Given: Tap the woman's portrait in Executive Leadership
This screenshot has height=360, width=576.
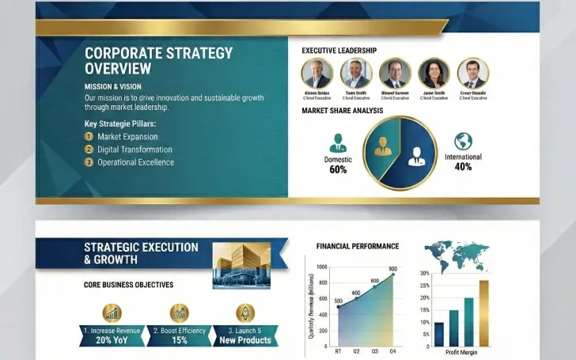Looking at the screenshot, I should pos(434,74).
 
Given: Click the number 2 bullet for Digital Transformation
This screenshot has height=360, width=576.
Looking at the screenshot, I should pos(89,149).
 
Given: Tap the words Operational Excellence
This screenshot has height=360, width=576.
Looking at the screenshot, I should pos(135,162).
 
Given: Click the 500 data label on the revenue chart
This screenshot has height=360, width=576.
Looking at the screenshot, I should pos(338,301).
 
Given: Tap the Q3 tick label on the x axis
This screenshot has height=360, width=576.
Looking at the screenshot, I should pos(373,351).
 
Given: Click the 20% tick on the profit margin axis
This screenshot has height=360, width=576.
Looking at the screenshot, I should pos(425,298).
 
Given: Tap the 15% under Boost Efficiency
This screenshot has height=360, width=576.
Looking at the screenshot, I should pos(179,340).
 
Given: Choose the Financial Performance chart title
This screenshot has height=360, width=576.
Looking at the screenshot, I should pos(358,247).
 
